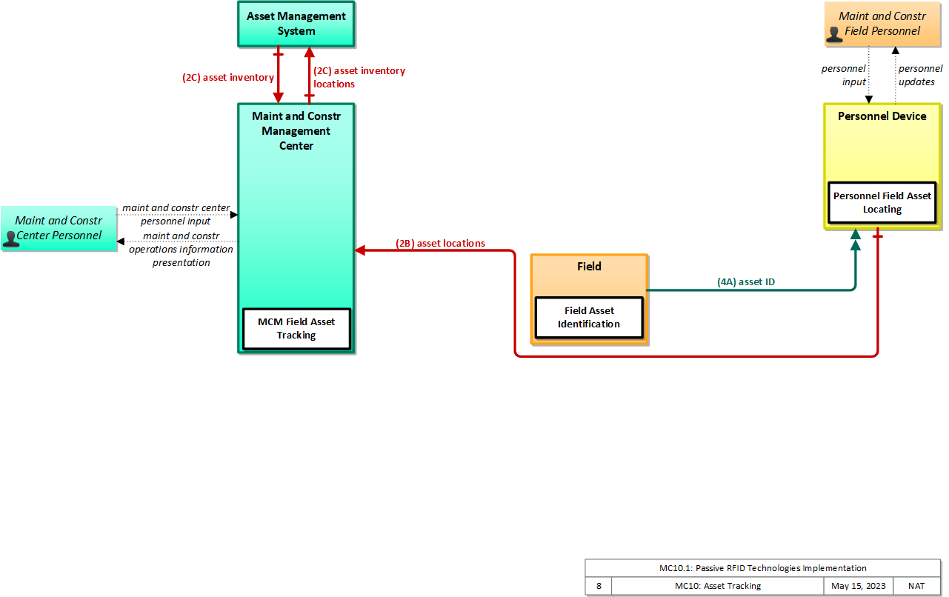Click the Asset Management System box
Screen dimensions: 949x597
(x=296, y=24)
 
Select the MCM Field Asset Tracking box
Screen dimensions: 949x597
(x=296, y=329)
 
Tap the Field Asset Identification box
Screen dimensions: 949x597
(x=589, y=317)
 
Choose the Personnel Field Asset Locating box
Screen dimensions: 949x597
(x=882, y=202)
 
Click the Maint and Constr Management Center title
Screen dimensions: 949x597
(x=296, y=131)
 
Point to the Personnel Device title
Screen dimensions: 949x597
(x=882, y=116)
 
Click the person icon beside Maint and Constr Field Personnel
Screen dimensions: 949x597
(x=834, y=35)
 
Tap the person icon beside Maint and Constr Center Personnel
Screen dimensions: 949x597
(x=10, y=239)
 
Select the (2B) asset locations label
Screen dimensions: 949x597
(x=440, y=243)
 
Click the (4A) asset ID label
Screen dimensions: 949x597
(x=745, y=281)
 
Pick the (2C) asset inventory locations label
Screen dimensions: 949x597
(x=359, y=77)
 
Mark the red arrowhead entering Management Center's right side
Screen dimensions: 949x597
(x=360, y=250)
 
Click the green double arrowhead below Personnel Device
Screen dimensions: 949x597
(x=856, y=239)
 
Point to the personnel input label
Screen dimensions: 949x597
(x=844, y=75)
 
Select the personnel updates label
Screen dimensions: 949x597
(x=920, y=75)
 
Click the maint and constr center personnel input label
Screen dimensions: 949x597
(x=176, y=214)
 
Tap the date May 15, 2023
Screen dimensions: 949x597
(x=859, y=586)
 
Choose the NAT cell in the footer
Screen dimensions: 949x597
(x=916, y=586)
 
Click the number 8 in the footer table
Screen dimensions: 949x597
(x=599, y=586)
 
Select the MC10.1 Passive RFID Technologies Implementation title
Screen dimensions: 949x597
(x=762, y=568)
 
